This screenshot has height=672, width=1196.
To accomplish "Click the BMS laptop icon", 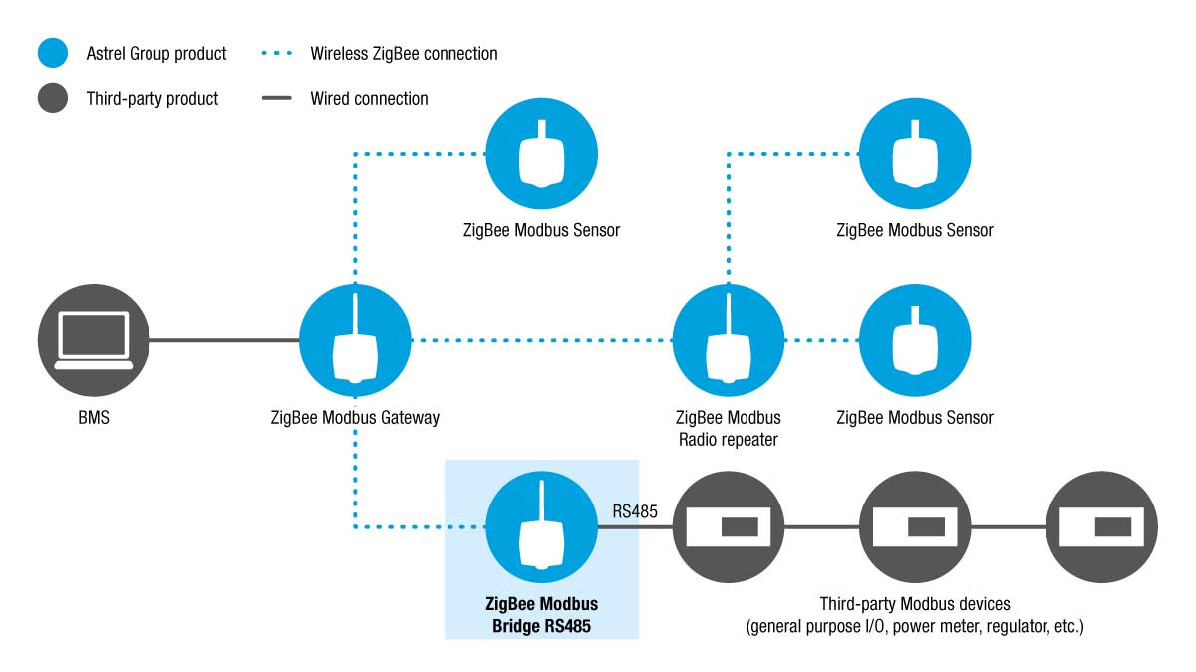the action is click(x=94, y=340).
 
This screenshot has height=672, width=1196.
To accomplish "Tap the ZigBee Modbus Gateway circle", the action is click(x=355, y=340).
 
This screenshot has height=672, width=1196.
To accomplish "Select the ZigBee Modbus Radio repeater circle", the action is click(x=729, y=340).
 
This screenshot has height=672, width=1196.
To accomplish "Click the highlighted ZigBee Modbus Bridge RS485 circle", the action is click(x=541, y=526).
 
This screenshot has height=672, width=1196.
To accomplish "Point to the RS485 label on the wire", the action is click(x=634, y=511).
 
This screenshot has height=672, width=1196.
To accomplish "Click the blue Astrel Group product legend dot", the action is click(x=53, y=53).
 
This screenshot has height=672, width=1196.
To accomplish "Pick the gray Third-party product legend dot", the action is click(x=53, y=98).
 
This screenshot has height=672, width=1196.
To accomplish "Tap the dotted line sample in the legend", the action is click(x=277, y=53).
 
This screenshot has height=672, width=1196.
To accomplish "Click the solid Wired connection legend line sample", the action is click(x=277, y=98).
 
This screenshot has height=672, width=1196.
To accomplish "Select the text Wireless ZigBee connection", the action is click(x=404, y=54).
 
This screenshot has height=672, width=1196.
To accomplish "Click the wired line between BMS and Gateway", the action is click(x=224, y=340).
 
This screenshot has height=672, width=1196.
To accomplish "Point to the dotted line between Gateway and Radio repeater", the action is click(x=542, y=340).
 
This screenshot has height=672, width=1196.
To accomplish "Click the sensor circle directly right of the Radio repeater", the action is click(x=915, y=340).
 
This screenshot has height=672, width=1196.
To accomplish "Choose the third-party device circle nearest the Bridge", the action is click(x=729, y=526).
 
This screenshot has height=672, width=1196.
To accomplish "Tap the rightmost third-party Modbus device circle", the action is click(x=1101, y=526).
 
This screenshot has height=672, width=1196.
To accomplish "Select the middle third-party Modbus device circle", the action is click(x=915, y=526).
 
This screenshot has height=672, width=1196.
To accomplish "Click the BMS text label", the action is click(x=94, y=417).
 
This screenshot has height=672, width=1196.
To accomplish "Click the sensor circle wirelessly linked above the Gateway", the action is click(x=541, y=154).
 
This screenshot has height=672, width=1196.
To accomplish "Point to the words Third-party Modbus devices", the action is click(x=915, y=604).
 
